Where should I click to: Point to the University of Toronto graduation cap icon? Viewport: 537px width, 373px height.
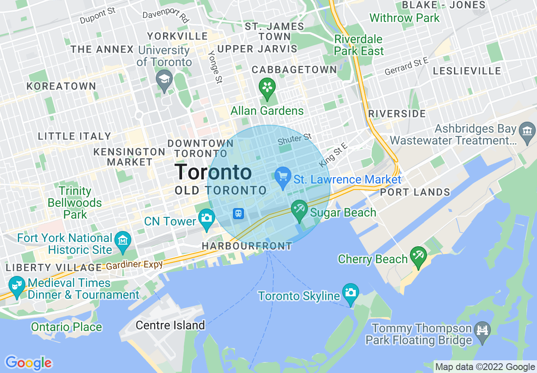click(x=163, y=79)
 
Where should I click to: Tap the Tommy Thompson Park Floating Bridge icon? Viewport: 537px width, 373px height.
click(x=483, y=328)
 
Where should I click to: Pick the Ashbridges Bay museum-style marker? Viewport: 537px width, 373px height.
click(x=527, y=129)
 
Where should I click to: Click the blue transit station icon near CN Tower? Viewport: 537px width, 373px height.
click(x=238, y=213)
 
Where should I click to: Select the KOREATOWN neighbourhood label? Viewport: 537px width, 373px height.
click(x=61, y=86)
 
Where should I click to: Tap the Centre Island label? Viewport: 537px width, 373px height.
click(x=170, y=326)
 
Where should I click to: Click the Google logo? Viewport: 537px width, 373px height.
click(x=28, y=363)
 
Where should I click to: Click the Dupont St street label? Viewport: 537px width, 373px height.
click(x=98, y=16)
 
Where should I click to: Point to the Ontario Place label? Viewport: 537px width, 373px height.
click(x=66, y=327)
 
